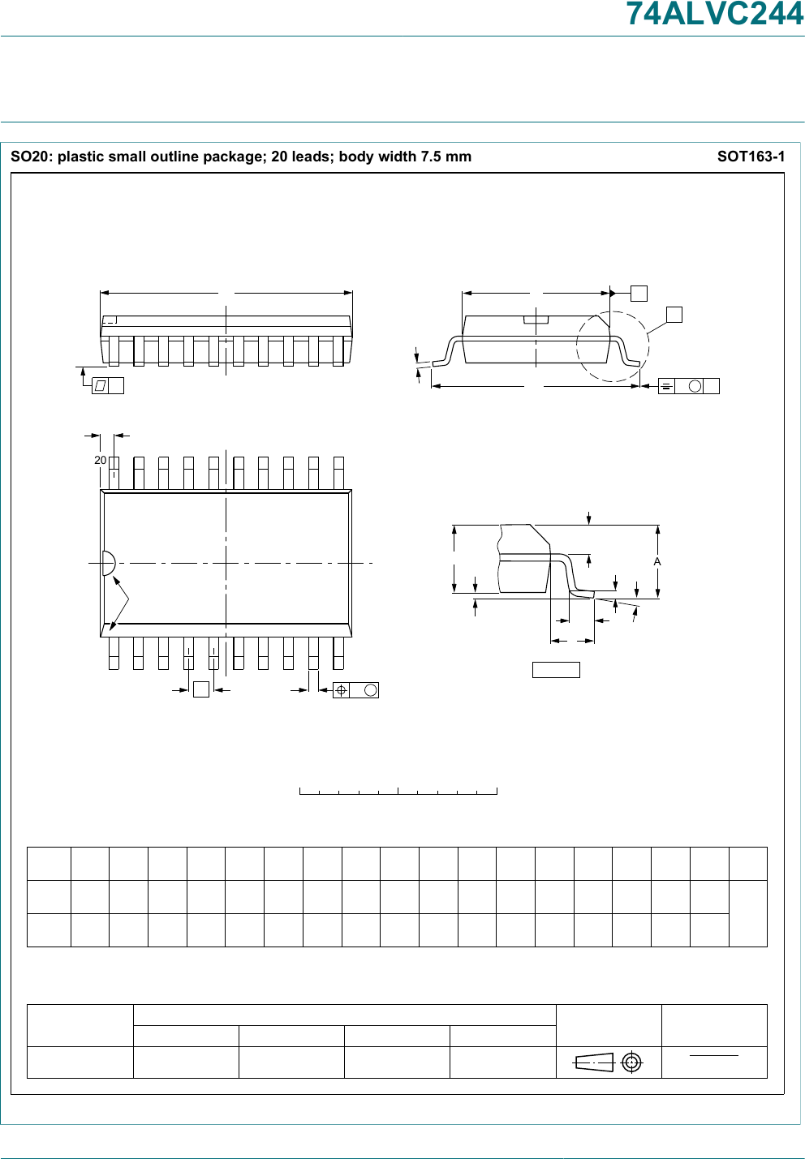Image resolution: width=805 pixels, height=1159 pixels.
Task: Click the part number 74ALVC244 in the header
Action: tap(715, 15)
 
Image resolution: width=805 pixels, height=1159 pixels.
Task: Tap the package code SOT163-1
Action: tap(751, 157)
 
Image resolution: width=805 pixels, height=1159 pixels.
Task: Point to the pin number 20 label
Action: tap(100, 460)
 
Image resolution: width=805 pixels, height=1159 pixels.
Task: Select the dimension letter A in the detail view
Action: tap(657, 561)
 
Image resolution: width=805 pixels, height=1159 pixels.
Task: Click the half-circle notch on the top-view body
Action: tap(108, 563)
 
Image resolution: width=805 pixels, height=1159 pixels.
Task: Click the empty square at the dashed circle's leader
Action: tap(674, 315)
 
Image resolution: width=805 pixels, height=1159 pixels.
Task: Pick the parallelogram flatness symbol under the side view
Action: tap(100, 386)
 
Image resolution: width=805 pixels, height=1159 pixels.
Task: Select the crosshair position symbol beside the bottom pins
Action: tap(342, 690)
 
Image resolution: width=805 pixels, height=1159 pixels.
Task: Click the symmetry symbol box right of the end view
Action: tap(666, 386)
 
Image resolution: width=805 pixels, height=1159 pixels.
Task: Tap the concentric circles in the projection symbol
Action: tap(631, 1062)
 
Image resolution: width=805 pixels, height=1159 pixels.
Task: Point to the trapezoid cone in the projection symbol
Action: tap(594, 1062)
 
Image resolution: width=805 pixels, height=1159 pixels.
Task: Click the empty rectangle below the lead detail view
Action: tap(556, 670)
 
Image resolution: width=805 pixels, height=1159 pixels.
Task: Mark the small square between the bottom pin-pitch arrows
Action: tap(201, 689)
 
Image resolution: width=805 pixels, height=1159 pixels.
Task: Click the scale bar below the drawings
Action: tap(398, 791)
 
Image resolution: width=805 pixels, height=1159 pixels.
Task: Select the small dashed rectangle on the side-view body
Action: tap(110, 320)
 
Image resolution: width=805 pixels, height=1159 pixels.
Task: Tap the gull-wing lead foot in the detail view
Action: tap(582, 595)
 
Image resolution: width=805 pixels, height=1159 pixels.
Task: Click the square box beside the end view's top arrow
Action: tap(639, 294)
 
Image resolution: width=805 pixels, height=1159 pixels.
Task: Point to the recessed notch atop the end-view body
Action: tap(536, 320)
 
